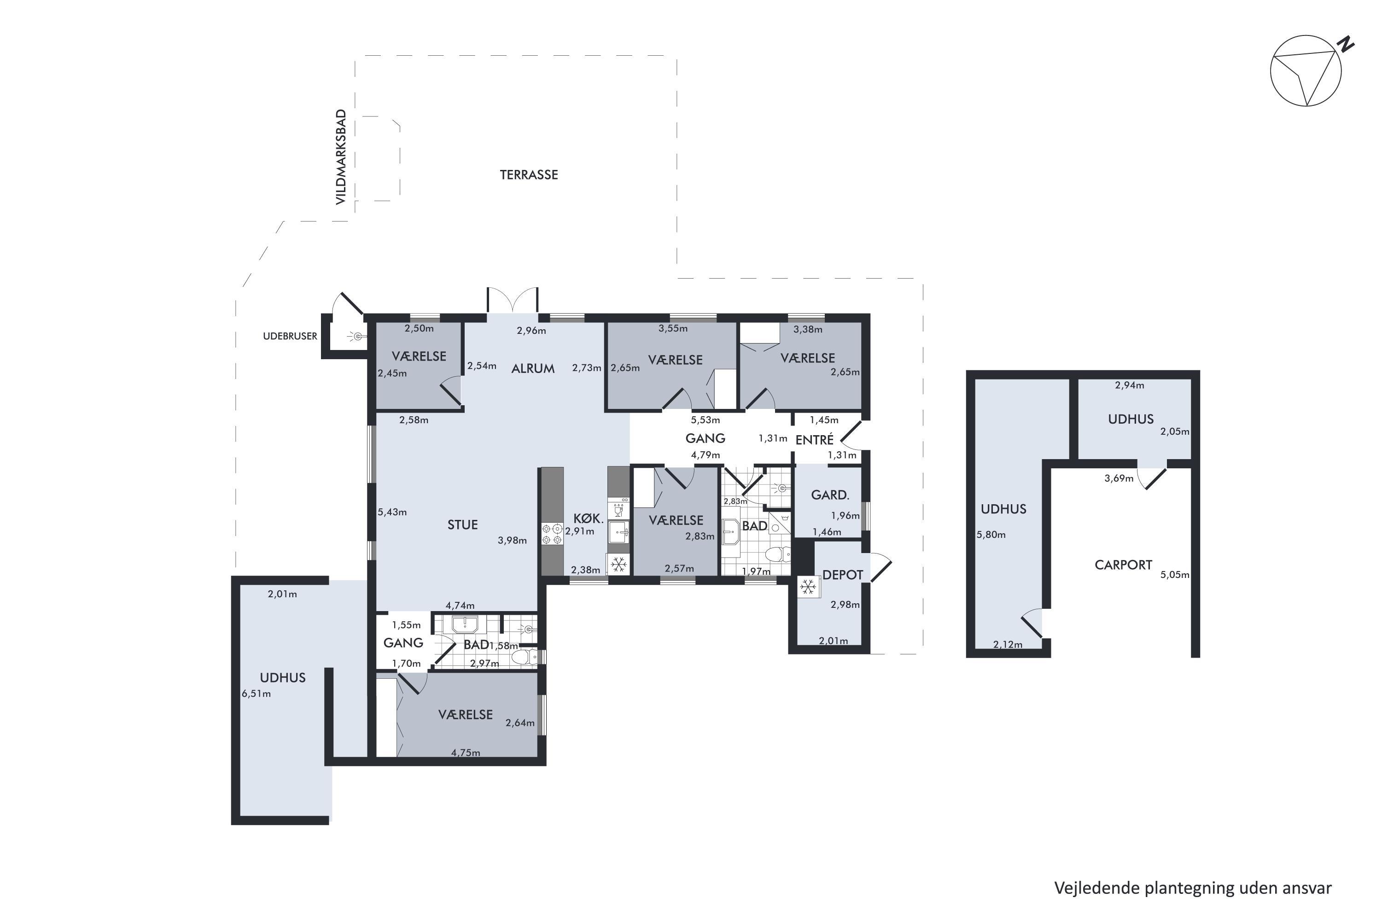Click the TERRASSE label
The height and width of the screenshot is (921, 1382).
coord(528,175)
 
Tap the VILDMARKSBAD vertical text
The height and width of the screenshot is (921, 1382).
coord(341,157)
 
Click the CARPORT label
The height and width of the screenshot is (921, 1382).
coord(1123,565)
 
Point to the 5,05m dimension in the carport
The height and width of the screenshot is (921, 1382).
coord(1174,574)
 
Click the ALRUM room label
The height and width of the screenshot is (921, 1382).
coord(533,368)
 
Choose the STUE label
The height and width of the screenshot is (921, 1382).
coord(462,525)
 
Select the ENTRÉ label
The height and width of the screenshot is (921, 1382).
coord(814,439)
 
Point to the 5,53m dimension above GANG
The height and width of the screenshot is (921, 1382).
coord(705,420)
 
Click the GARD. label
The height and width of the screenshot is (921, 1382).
coord(830,495)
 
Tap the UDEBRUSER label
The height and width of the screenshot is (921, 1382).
coord(290,336)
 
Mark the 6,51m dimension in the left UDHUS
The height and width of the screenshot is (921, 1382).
coord(256,693)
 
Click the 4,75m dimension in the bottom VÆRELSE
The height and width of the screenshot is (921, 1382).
coord(465,752)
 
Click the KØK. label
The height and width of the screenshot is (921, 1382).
coord(589,518)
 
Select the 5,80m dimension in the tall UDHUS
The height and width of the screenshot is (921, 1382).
coord(991,535)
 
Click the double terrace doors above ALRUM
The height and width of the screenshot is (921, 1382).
coord(512,300)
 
